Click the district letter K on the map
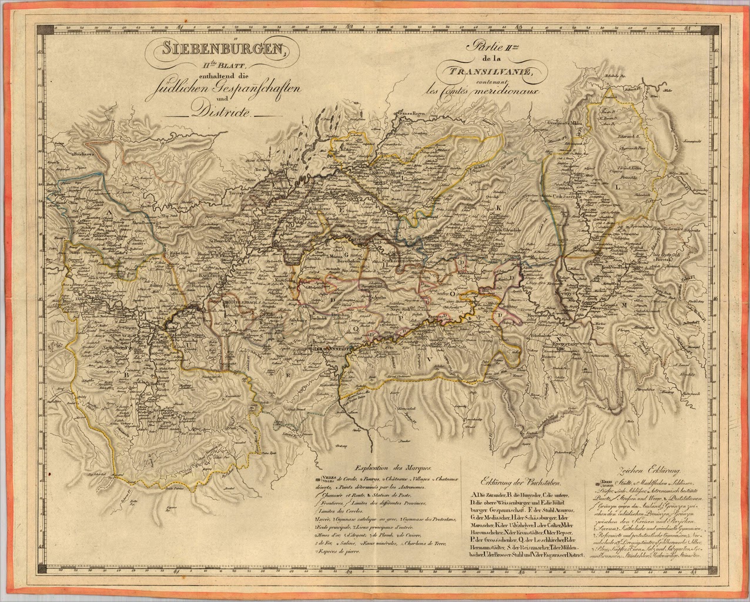(x=498, y=207)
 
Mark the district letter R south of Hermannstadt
(x=288, y=374)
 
